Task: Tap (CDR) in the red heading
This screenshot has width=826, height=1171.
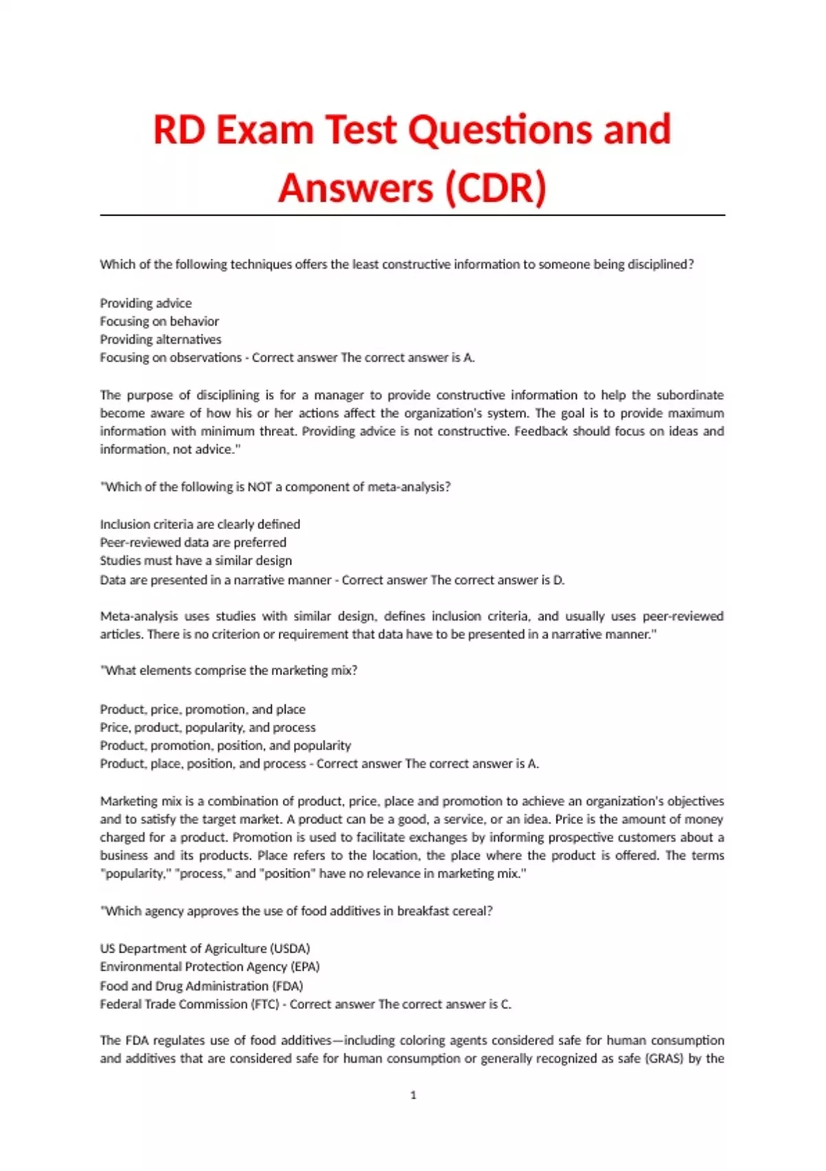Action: coord(496,188)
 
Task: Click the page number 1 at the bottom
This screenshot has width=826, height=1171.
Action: coord(413,1095)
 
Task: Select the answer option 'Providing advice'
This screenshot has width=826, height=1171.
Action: coord(146,303)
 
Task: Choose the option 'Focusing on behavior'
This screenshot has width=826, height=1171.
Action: coord(159,321)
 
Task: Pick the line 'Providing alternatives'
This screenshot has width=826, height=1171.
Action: coord(160,340)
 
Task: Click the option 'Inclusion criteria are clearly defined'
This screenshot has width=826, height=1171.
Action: coord(200,524)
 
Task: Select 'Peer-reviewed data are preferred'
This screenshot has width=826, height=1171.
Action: coord(193,542)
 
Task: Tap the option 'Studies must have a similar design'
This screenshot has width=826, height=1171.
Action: coord(195,561)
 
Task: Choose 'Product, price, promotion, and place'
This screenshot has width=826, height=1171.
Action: coord(202,709)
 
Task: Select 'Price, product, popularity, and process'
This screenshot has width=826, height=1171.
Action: coord(208,727)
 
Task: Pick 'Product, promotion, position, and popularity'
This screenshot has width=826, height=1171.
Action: coord(225,745)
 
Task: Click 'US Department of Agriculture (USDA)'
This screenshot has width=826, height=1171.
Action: coord(205,949)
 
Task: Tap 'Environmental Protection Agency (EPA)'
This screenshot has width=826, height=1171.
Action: coord(210,966)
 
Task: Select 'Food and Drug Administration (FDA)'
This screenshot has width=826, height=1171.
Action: coord(202,986)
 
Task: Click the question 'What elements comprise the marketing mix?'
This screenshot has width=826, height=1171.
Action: coord(229,671)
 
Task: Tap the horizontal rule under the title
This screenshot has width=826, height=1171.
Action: coord(413,216)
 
